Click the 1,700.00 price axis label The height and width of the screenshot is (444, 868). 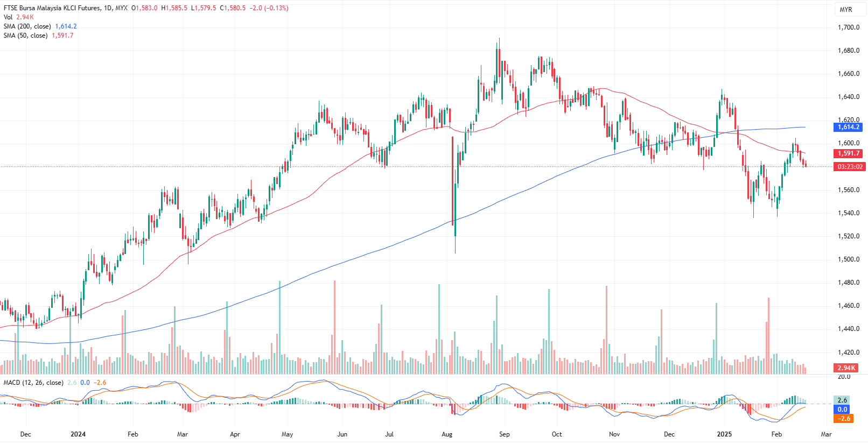tap(848, 27)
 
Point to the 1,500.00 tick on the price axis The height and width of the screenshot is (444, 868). tap(848, 259)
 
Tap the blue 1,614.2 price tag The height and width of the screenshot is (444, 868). tap(849, 127)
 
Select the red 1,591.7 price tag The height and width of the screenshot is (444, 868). tap(849, 153)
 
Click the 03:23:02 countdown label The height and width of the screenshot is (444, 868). tap(850, 167)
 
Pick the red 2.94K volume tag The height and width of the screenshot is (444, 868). tap(846, 368)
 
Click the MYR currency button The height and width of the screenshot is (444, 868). tap(846, 10)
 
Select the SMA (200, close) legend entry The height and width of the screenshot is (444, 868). tap(27, 26)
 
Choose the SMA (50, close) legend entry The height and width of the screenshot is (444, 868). tap(25, 36)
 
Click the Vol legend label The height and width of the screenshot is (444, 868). tap(8, 17)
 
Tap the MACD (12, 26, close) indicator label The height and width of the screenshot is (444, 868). tap(33, 383)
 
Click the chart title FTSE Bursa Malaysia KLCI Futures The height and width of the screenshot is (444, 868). tap(52, 8)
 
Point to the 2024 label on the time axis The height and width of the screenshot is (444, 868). tap(78, 434)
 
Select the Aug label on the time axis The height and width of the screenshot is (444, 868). tap(447, 434)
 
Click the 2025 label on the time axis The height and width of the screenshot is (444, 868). tap(724, 434)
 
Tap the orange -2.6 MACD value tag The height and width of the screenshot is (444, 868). tap(843, 419)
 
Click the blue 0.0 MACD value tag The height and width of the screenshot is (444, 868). tap(843, 410)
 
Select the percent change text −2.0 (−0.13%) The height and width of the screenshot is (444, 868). tap(269, 8)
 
